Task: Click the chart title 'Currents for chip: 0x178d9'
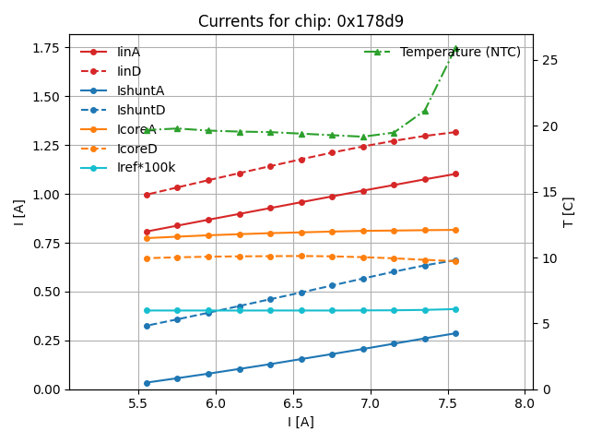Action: (301, 21)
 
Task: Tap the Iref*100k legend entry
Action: (146, 167)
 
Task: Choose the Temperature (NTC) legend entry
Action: (460, 53)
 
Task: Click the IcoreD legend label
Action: (136, 149)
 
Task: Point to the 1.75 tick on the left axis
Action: (46, 48)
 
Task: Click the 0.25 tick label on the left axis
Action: (46, 341)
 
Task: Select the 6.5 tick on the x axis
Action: (293, 403)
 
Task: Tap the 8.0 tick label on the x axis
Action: (525, 403)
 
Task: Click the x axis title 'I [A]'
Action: (301, 422)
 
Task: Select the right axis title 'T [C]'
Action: (569, 212)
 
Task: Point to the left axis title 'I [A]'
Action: (19, 212)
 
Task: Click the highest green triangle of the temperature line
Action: (455, 50)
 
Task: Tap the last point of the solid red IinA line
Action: (455, 174)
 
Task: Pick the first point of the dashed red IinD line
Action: (147, 195)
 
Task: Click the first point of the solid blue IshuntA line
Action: (147, 383)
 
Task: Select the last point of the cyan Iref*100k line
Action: (455, 309)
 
